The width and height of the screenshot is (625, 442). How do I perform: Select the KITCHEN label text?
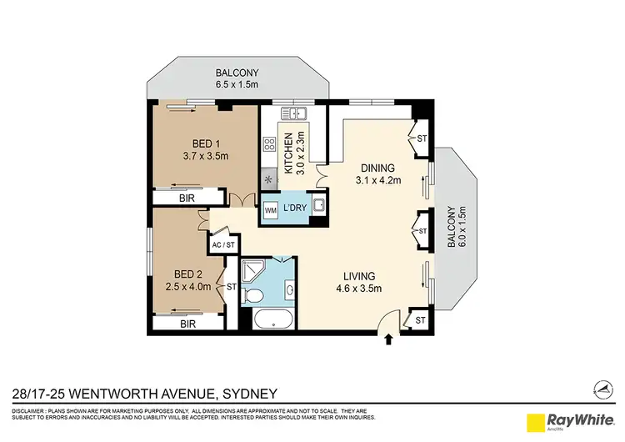[288, 153]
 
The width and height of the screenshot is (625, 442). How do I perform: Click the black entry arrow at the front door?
[388, 339]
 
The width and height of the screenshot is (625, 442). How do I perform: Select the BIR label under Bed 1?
[187, 198]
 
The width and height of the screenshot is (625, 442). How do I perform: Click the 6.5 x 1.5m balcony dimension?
[237, 84]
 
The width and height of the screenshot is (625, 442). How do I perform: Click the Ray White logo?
[569, 419]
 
